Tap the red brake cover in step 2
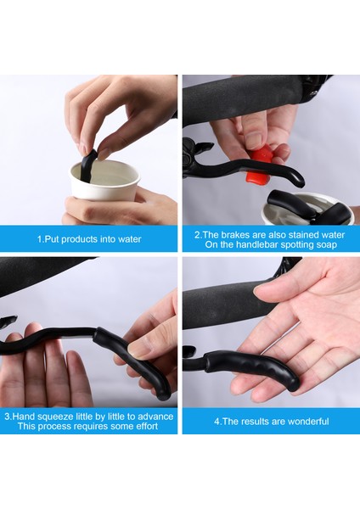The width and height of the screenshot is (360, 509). (258, 164)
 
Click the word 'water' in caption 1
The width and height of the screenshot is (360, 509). (129, 239)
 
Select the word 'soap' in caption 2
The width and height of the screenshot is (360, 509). (326, 245)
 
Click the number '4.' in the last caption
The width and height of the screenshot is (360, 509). (217, 422)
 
